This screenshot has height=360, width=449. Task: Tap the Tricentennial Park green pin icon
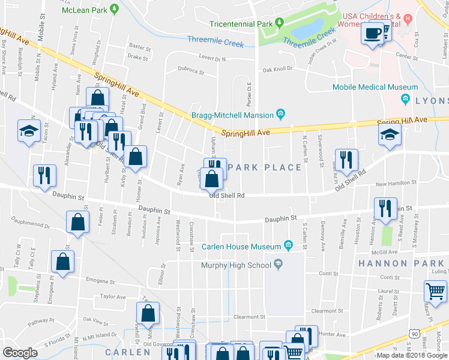279,24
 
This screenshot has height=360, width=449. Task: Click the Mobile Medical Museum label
366,88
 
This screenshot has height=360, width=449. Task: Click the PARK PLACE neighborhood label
265,167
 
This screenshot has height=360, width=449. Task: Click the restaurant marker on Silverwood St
346,159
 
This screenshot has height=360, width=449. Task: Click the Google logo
19,353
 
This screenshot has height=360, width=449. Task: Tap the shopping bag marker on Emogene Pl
63,262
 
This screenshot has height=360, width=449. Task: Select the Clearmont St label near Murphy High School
249,317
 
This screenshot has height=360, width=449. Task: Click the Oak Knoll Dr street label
277,69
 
